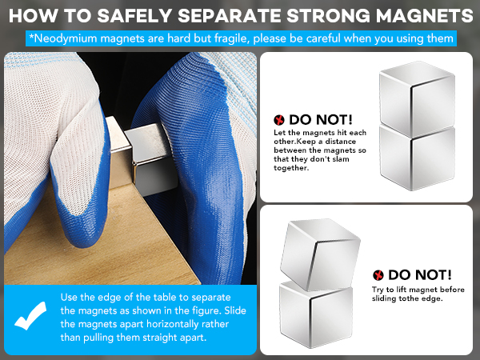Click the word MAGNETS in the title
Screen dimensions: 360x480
point(426,15)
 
